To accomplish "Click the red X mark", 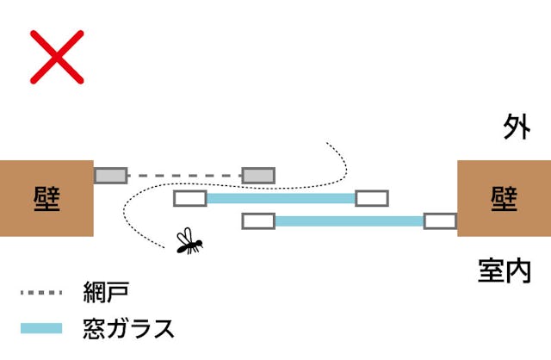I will point(57,56).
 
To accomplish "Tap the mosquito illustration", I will point(189,243).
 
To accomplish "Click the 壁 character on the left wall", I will point(46,198).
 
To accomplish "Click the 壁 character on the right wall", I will point(504,198).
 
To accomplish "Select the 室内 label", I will point(504,270).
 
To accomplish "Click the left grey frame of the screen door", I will point(110,176).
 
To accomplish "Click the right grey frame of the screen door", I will point(258,176).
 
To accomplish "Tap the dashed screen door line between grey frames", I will point(184,176).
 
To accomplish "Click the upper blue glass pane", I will point(281,198).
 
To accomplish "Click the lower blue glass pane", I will point(349,221).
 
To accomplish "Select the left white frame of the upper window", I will point(190,198).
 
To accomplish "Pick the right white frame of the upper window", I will point(372,198).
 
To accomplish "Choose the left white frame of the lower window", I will point(258,221).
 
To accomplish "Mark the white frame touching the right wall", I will point(440,221).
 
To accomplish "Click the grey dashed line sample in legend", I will point(42,294).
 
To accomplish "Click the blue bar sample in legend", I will point(42,328).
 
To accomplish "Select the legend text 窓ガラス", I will point(129,328).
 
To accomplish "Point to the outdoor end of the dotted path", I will point(328,144).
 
